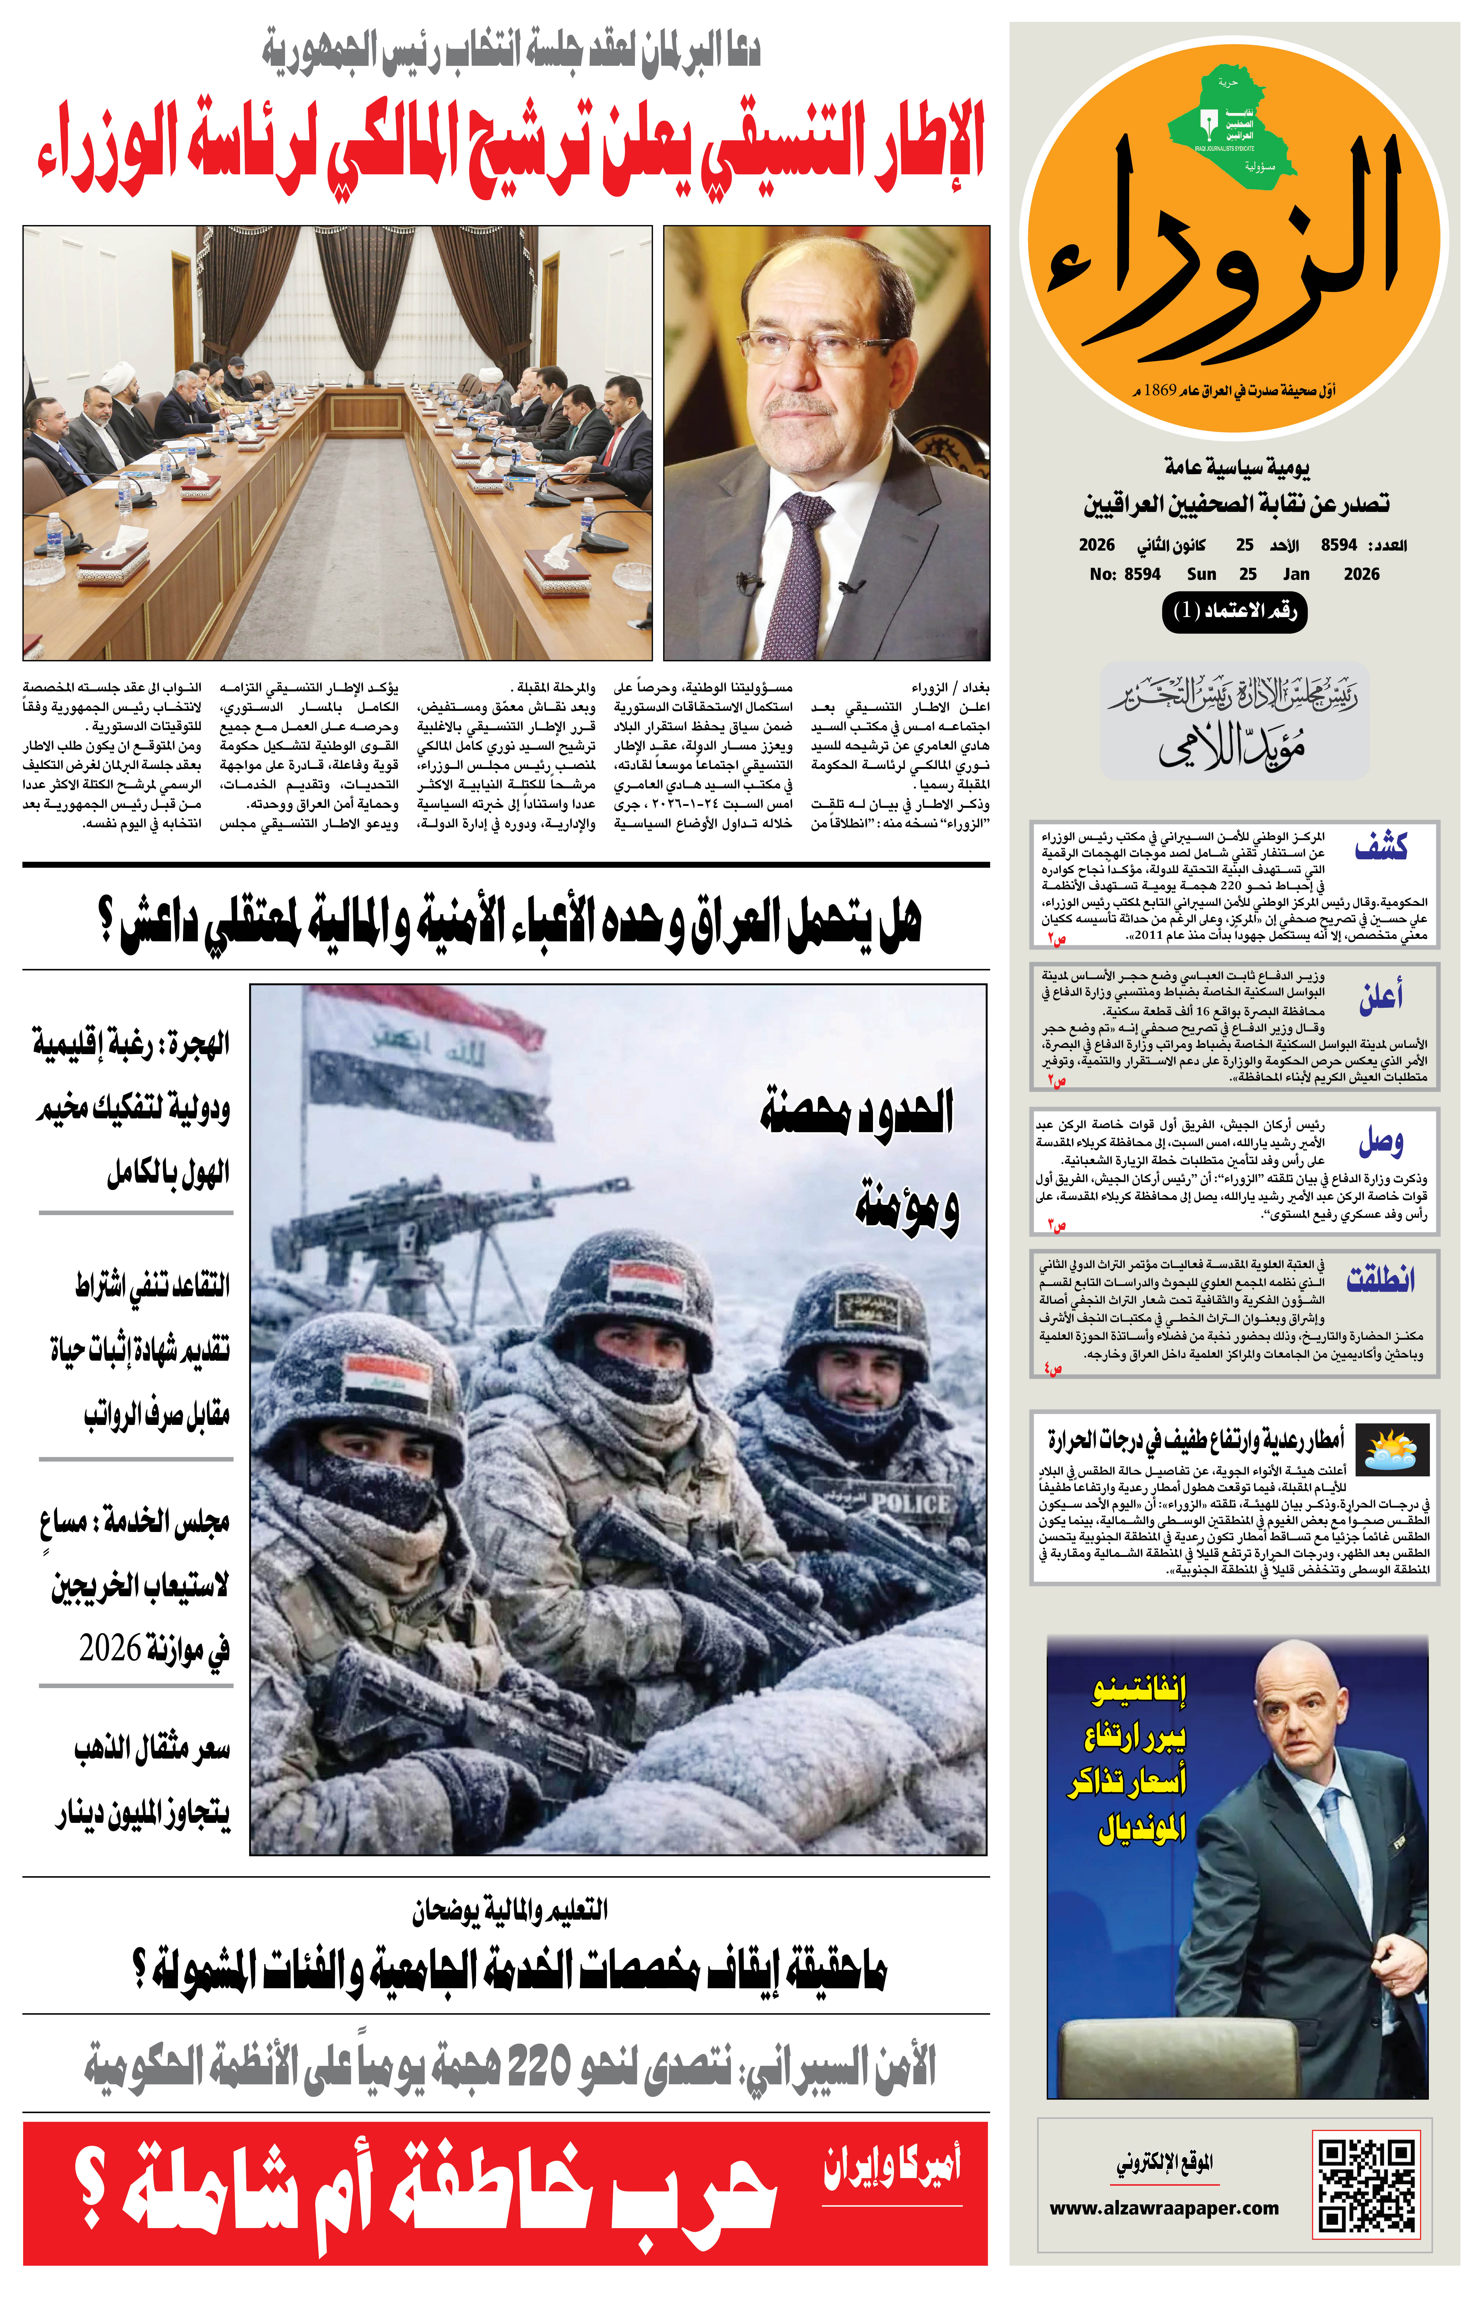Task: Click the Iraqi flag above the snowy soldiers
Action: point(424,1059)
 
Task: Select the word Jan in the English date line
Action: point(1295,574)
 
